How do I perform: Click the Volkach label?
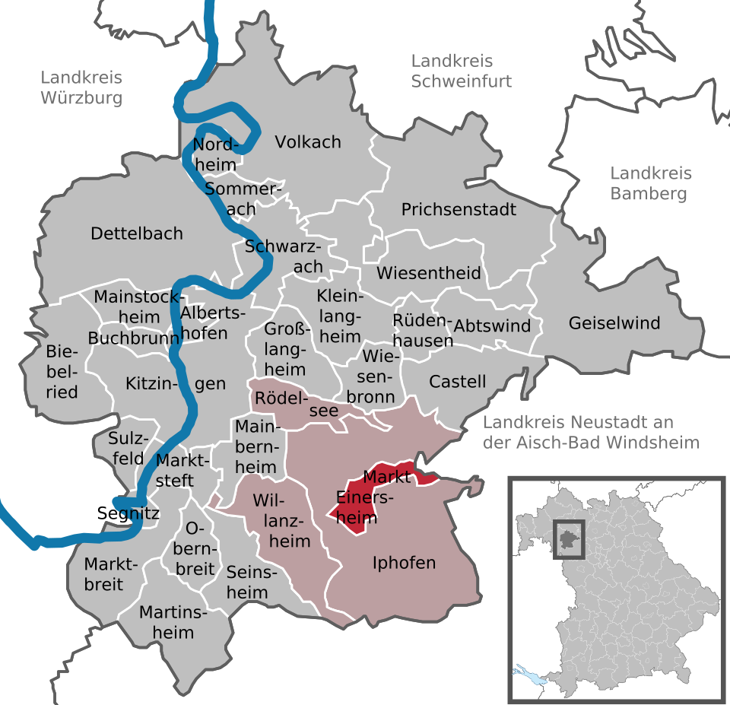point(308,142)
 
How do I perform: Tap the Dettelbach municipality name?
point(137,233)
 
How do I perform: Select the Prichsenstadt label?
point(459,209)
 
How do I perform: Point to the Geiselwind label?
point(614,323)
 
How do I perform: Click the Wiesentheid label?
point(429,272)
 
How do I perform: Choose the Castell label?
point(458,381)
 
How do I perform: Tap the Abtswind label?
point(492,326)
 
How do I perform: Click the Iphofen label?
point(405,563)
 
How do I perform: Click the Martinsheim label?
point(167,621)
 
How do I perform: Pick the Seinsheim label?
point(247,582)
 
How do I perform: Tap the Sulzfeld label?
point(126,449)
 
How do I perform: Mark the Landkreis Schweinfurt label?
point(461,71)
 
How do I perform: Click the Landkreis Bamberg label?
point(649,183)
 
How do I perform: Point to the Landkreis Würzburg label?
point(81,87)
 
